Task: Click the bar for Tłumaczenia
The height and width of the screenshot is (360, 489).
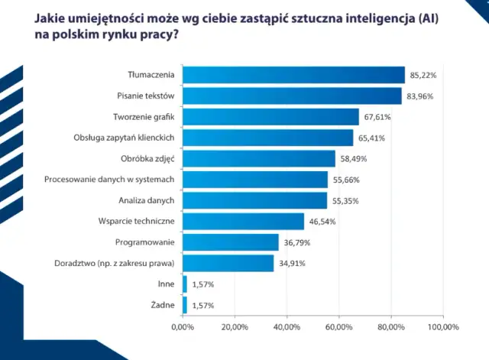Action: tap(293, 75)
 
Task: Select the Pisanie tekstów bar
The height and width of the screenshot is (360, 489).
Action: tap(292, 96)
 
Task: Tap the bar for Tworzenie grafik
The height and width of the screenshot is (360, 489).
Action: tap(270, 117)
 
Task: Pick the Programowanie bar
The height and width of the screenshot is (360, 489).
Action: tap(231, 242)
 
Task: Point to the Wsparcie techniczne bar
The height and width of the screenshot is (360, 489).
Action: tap(243, 222)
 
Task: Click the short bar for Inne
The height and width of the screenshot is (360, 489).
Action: tap(184, 284)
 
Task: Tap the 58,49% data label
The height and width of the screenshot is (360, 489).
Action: tap(352, 159)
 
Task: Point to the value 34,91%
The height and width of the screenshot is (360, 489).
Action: tap(291, 264)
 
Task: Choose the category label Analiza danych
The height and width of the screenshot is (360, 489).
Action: tap(148, 201)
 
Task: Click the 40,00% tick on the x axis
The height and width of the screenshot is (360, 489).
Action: tap(287, 327)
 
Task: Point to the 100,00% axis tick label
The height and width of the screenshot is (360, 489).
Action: tap(442, 327)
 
